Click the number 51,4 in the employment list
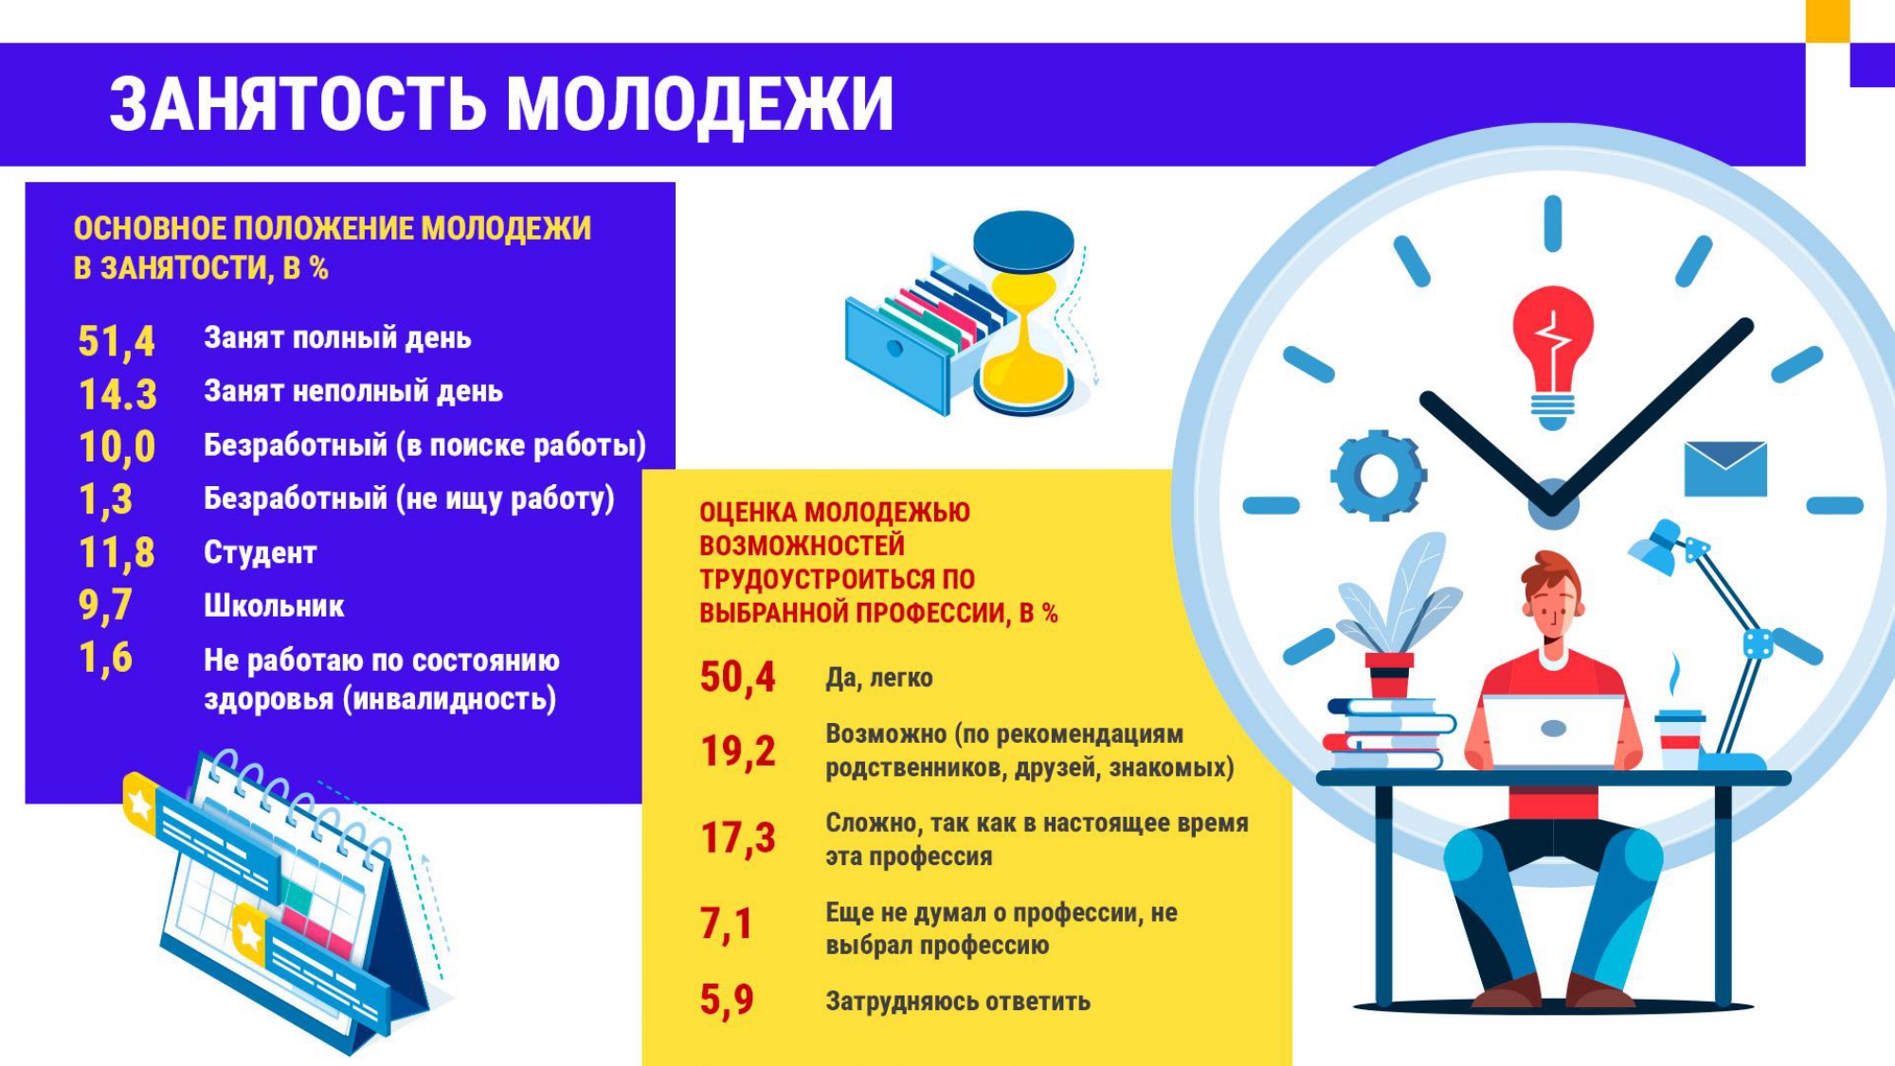pos(117,342)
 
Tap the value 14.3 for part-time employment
pos(117,395)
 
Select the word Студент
pos(260,552)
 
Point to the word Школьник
pos(274,606)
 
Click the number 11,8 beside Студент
pos(117,553)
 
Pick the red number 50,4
pos(737,678)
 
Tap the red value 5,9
pos(727,1001)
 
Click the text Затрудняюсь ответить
pos(958,1002)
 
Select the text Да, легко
pos(879,678)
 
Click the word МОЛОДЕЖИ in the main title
pos(699,104)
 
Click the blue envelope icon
pos(1725,468)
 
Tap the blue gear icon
pos(1378,475)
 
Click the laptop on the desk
pos(1553,731)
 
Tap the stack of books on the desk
pos(1389,733)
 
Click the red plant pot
pos(1389,675)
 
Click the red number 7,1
pos(726,924)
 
